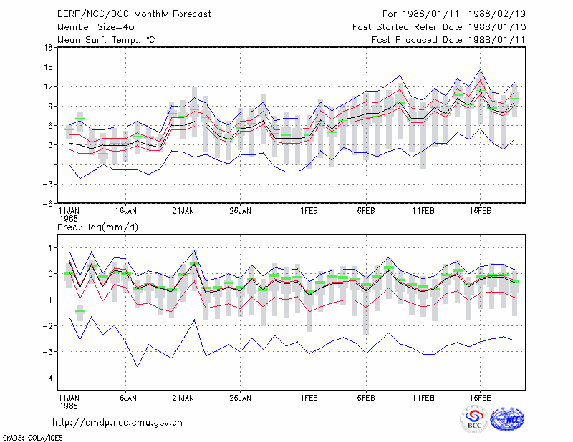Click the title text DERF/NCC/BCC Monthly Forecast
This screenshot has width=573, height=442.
(x=134, y=14)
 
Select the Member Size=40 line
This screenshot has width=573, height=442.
(x=96, y=27)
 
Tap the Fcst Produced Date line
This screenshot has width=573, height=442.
(x=448, y=40)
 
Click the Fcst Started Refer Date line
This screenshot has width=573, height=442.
(x=439, y=27)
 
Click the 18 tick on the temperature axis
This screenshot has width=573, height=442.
(x=48, y=47)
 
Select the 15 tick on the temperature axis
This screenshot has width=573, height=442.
(x=48, y=67)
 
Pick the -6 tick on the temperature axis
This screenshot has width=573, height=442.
(x=47, y=203)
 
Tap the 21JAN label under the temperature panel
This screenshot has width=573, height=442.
(x=183, y=211)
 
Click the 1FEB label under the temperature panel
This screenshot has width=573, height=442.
(x=309, y=211)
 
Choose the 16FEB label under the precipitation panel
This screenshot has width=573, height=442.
(x=480, y=398)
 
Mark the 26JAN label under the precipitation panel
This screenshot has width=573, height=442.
(x=240, y=398)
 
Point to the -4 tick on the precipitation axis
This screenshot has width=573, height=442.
(x=47, y=378)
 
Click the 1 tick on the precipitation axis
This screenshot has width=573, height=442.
(x=50, y=248)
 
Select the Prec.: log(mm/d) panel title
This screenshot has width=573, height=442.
(x=97, y=227)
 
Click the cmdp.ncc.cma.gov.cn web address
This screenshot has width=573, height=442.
(x=117, y=423)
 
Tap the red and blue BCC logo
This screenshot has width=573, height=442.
(x=474, y=420)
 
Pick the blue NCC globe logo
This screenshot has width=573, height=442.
(x=507, y=419)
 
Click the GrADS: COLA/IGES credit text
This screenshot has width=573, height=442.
(x=32, y=438)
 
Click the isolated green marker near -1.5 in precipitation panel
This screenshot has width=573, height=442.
(x=80, y=311)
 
